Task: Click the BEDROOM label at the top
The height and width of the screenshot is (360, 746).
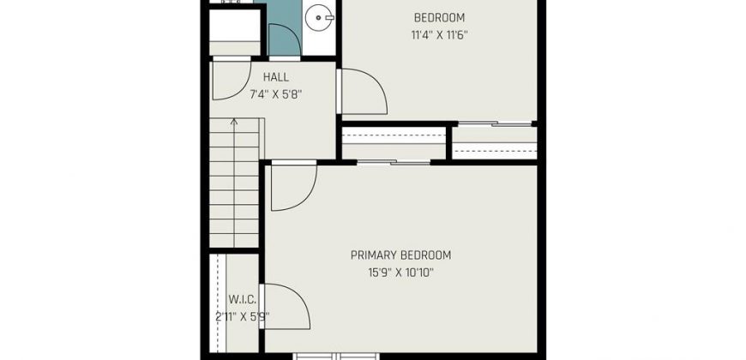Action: click(439, 18)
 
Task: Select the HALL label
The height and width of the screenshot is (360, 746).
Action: click(276, 77)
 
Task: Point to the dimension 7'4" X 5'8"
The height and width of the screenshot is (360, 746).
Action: click(276, 94)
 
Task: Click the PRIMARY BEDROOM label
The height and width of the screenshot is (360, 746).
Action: click(400, 255)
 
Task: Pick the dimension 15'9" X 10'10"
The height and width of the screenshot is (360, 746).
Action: click(400, 273)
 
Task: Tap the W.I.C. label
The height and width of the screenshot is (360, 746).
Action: click(243, 300)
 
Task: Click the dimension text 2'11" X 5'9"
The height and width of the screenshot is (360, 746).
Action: click(243, 317)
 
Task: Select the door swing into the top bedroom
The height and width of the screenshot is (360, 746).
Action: click(363, 92)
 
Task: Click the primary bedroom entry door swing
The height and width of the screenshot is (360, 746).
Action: click(293, 186)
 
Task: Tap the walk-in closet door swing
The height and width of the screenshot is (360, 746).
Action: click(286, 307)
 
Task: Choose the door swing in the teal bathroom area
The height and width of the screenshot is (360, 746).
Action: click(284, 40)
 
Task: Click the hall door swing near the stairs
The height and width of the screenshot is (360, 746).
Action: click(232, 79)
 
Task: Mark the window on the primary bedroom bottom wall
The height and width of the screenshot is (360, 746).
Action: click(336, 356)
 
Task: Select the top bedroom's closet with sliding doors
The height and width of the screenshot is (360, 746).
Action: click(494, 142)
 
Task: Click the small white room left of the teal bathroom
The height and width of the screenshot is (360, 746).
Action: click(235, 32)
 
